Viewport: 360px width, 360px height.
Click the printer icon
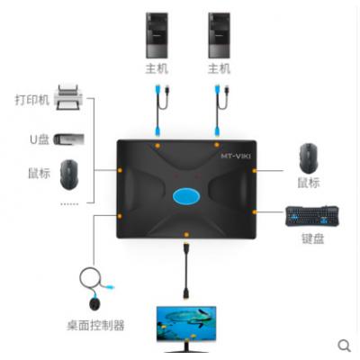(68, 97)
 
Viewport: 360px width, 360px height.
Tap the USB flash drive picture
(68, 139)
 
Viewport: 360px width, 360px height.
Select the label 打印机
(32, 100)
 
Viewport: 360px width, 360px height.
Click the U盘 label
(40, 139)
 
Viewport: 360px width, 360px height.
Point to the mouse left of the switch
(69, 175)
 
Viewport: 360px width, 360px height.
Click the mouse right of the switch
(308, 157)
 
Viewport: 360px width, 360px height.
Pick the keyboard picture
(312, 216)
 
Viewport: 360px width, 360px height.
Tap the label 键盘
(312, 238)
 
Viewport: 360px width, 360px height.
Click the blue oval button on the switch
(186, 197)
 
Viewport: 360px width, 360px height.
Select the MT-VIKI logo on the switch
(236, 156)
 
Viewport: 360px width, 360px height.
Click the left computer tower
(157, 35)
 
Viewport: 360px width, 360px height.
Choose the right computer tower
(219, 35)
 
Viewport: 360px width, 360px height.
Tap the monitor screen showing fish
(186, 323)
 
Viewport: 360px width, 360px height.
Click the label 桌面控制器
(95, 325)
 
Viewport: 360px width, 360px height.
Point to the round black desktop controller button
(94, 303)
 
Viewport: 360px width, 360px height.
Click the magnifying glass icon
(344, 346)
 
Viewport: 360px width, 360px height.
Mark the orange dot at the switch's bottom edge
(186, 235)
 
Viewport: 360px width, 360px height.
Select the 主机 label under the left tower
(157, 68)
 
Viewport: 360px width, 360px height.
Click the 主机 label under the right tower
(219, 68)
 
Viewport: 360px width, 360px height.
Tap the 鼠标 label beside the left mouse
(39, 173)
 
